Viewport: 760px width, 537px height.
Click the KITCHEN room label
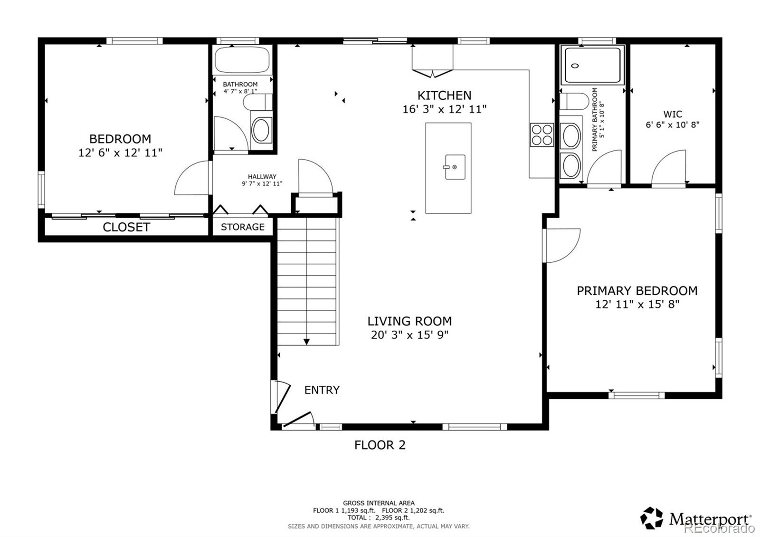[x=444, y=95]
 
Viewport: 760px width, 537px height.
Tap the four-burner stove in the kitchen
[x=542, y=134]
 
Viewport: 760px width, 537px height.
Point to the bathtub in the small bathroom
[x=242, y=60]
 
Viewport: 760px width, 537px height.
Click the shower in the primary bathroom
[x=592, y=65]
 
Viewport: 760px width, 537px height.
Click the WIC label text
[x=673, y=114]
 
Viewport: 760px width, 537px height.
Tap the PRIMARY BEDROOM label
[x=637, y=290]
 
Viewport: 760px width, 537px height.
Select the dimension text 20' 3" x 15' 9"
[x=409, y=335]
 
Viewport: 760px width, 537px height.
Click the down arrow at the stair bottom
[x=306, y=341]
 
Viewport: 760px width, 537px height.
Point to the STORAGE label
[x=242, y=227]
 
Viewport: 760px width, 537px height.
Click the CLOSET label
[x=126, y=227]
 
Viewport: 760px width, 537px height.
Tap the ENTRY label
[x=322, y=390]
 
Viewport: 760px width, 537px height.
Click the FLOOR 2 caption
[x=380, y=445]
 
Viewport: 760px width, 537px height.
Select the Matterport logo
[x=696, y=518]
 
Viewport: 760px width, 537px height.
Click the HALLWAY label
[x=262, y=176]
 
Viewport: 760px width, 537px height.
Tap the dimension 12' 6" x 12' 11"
[x=120, y=153]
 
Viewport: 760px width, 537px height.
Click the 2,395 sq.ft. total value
[x=393, y=518]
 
